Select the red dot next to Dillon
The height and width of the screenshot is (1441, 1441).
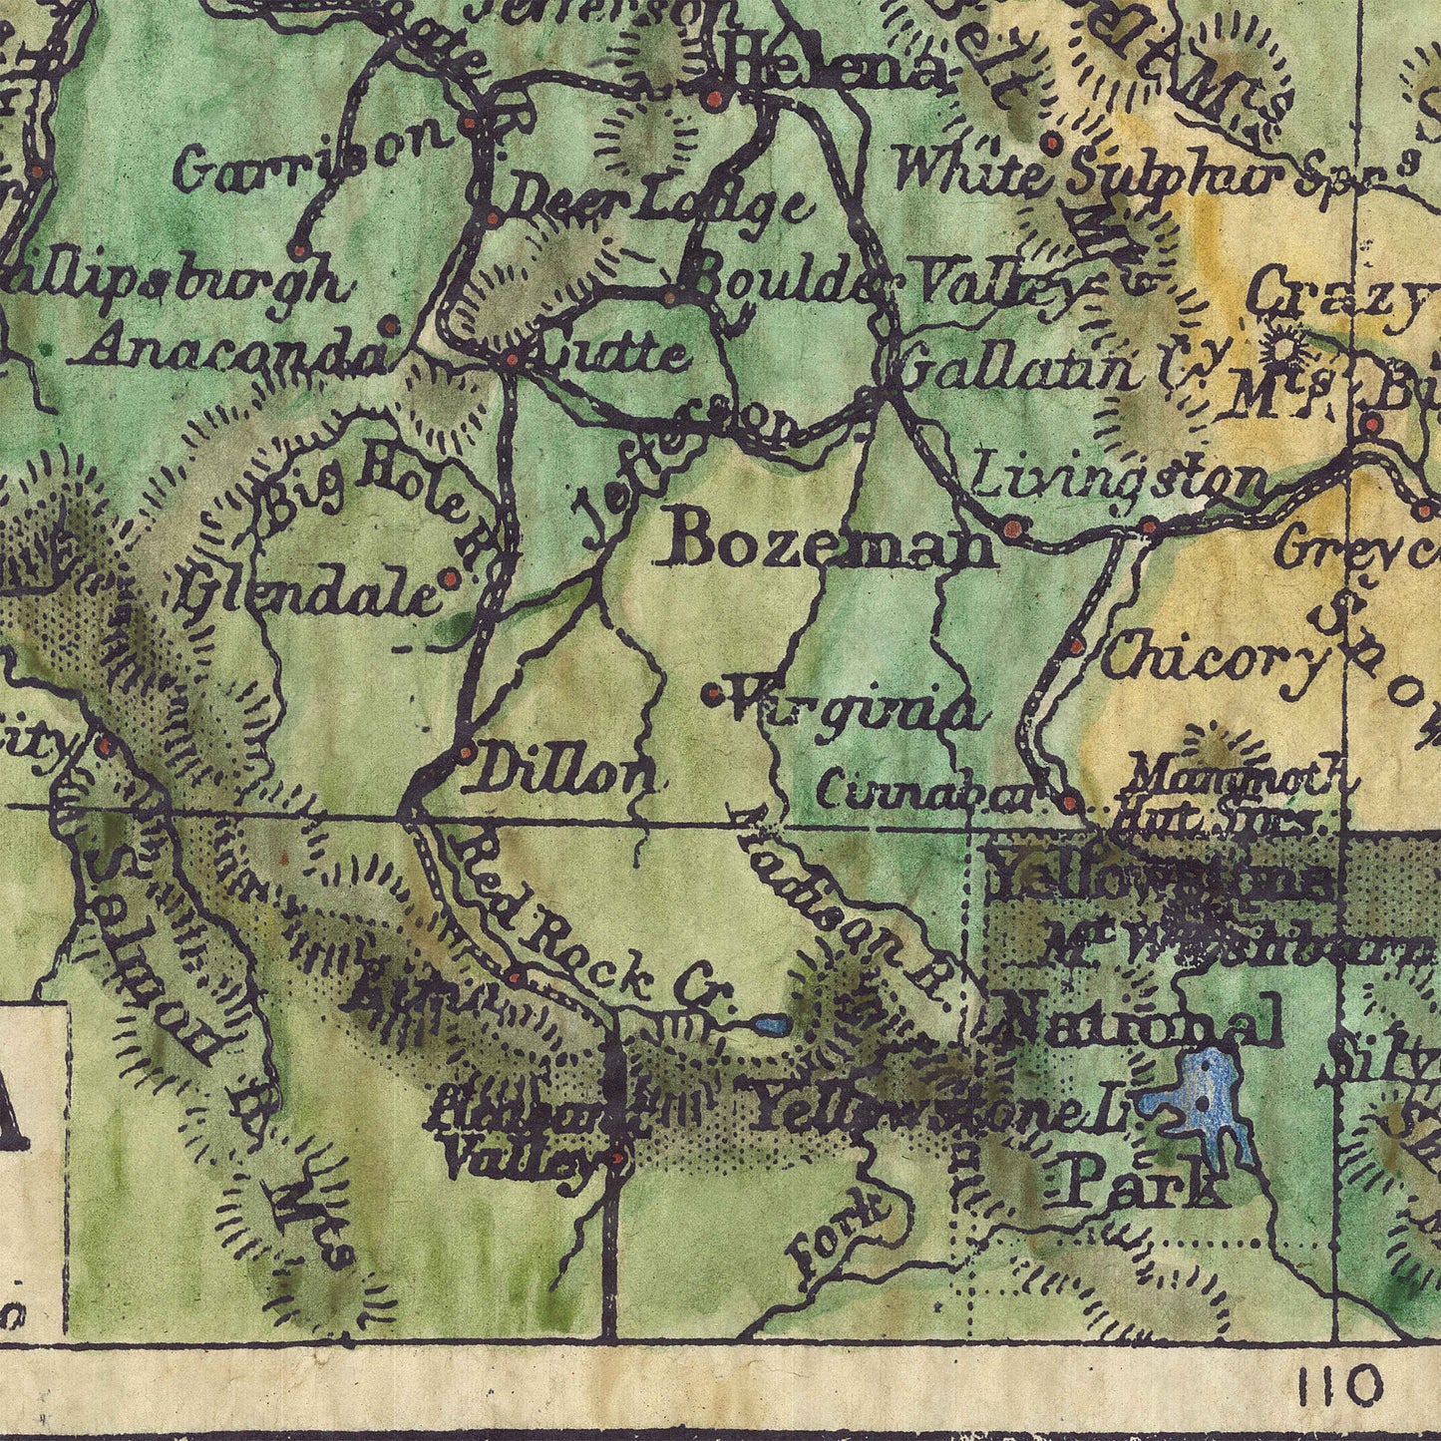pos(465,754)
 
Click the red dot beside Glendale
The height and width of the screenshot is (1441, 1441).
pos(449,578)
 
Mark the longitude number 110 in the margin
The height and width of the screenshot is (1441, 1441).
pos(1341,1385)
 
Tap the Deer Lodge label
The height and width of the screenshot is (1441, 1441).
pos(653,203)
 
